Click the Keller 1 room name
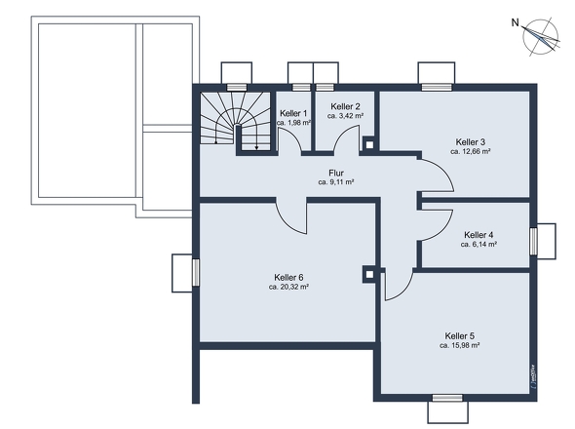coord(293,114)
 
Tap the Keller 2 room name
coord(346,106)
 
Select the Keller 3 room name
coord(470,141)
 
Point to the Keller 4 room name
coord(479,235)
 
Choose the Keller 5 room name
coord(459,335)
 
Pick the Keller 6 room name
coord(288,277)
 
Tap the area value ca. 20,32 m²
coord(288,288)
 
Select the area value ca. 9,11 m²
coord(335,182)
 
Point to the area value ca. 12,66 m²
coord(470,152)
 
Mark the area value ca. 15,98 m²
coord(459,345)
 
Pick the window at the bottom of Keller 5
coord(446,398)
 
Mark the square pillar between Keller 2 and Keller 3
coord(368,144)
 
